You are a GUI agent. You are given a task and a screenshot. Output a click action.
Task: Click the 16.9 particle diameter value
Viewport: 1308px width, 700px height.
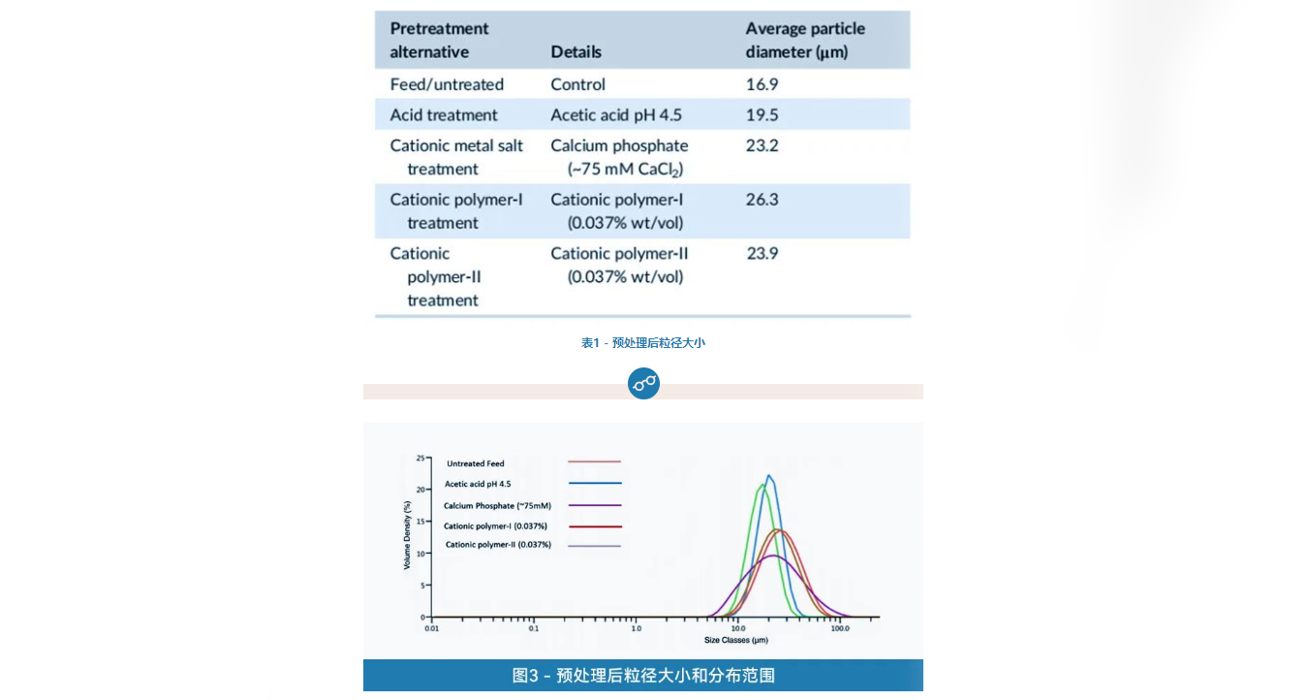[762, 84]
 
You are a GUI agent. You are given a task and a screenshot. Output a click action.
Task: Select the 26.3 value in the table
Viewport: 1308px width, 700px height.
[762, 200]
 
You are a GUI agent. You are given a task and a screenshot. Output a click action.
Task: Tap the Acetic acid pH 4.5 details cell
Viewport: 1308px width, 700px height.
[616, 115]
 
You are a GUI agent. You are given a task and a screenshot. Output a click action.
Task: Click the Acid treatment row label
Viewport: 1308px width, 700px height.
[443, 115]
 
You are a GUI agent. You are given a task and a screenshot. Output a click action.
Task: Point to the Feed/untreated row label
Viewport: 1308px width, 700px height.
[447, 84]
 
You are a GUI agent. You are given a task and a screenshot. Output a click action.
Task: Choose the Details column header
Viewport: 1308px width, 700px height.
[576, 51]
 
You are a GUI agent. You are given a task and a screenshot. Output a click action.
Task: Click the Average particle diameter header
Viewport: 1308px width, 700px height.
[804, 40]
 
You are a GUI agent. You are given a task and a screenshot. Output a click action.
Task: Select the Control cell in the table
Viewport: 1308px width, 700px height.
[577, 84]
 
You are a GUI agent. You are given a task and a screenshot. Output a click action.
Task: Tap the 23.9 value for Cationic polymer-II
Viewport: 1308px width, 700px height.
[763, 254]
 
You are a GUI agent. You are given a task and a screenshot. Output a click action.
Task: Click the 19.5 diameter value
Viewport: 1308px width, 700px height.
[762, 115]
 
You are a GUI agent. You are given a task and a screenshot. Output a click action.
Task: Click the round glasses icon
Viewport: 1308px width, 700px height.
[643, 383]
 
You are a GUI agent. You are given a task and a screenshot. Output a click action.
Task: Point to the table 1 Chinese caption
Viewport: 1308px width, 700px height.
[642, 343]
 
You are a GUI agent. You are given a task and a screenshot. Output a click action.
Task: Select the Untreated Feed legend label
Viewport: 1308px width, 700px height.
[476, 463]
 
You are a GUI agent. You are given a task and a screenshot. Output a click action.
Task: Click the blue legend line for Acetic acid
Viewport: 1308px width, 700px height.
[595, 483]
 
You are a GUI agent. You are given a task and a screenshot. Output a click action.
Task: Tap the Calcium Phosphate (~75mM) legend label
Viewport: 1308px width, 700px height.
[497, 506]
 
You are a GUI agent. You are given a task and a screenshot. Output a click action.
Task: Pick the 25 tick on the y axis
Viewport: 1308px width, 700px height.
[420, 458]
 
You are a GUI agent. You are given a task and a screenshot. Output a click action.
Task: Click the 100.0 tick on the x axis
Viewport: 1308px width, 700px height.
[839, 628]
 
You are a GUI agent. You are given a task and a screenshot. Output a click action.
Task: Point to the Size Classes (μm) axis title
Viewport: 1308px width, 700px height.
[735, 640]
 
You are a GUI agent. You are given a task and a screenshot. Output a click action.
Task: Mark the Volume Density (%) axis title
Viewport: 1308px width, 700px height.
[407, 534]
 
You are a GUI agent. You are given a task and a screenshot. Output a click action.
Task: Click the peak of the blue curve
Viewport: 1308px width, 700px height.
[769, 476]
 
